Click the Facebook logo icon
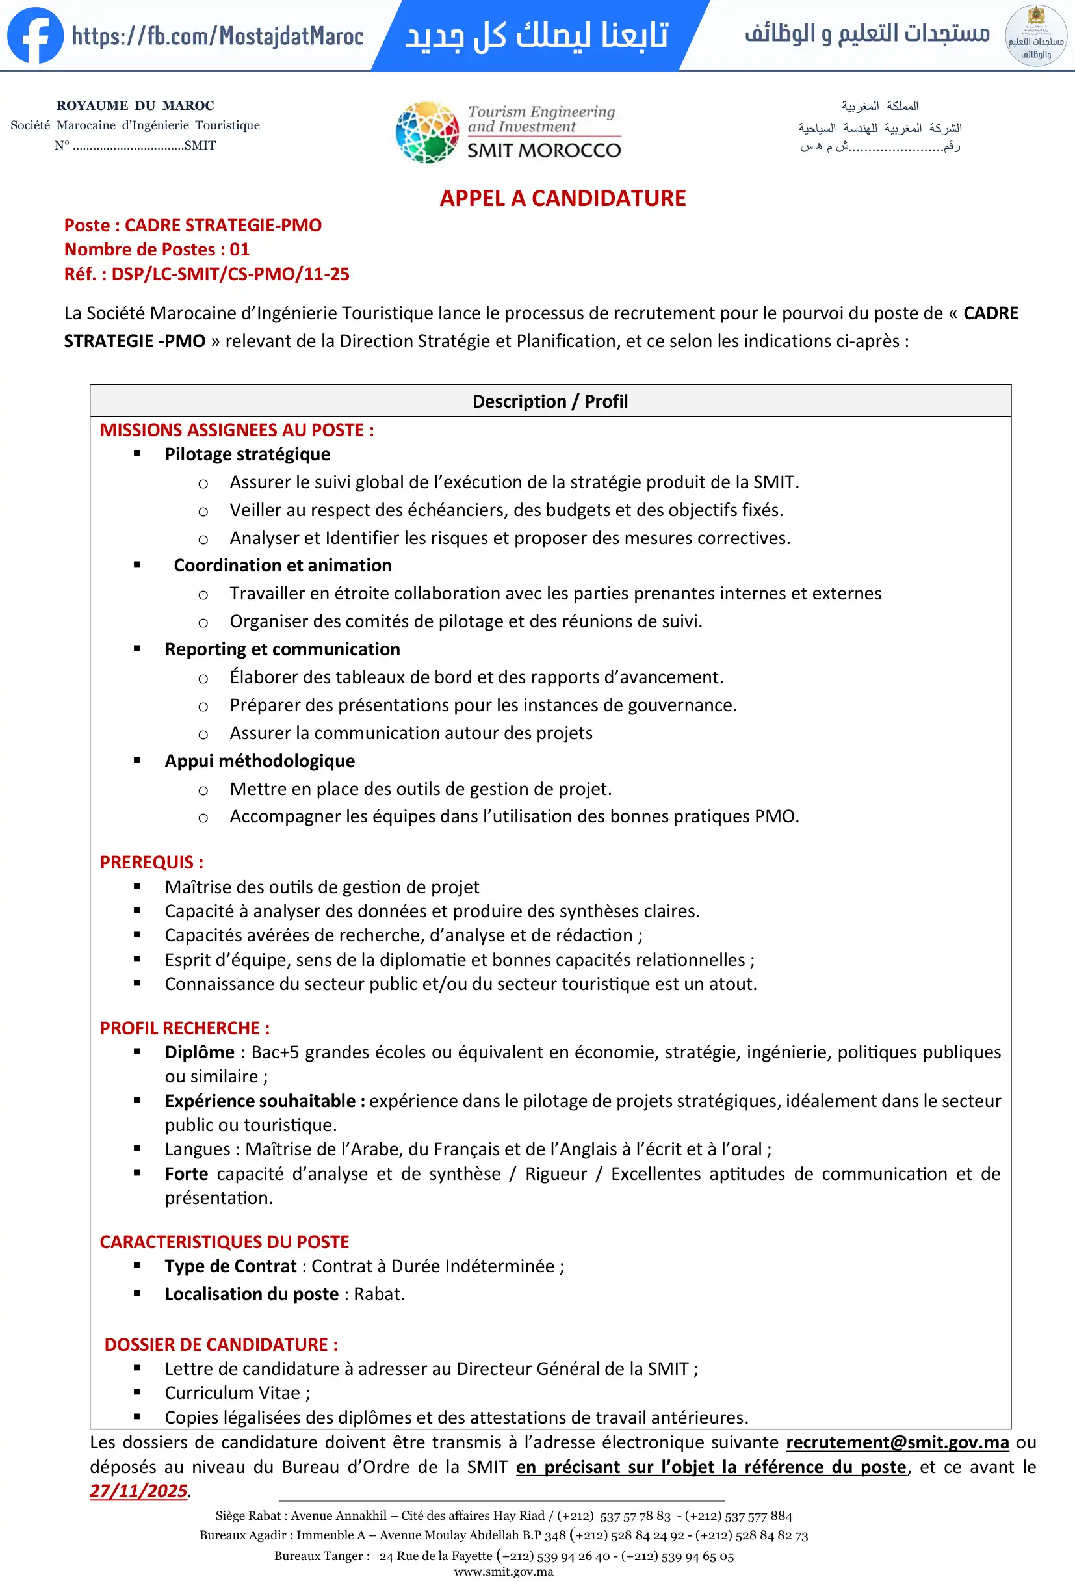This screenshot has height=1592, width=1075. coord(35,36)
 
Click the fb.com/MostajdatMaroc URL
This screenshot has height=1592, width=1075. coord(218,36)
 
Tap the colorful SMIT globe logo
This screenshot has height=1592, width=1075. coord(427,132)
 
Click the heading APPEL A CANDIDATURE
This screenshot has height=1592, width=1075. coord(562,199)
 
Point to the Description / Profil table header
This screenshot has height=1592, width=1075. coord(550,402)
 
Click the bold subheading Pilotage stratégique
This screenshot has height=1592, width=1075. coord(247,454)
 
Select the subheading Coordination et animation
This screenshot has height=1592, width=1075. coord(282,565)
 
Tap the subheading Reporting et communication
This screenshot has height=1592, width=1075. coord(282,649)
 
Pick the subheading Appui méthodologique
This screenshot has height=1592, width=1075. coord(259,761)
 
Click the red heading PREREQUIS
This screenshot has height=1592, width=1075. coord(151,862)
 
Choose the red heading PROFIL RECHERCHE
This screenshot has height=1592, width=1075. coord(184,1028)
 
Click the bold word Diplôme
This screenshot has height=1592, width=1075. coord(200,1052)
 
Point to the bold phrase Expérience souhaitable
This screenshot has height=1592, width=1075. coord(260,1101)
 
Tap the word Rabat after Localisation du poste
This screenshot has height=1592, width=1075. coord(379,1294)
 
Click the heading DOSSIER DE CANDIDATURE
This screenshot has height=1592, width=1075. coord(220,1345)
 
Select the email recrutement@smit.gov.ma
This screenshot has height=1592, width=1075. coord(897,1442)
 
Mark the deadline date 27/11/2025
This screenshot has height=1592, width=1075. coord(138,1491)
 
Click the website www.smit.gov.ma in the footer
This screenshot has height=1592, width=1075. coord(503,1572)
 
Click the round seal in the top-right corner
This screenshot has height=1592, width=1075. coord(1035,36)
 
